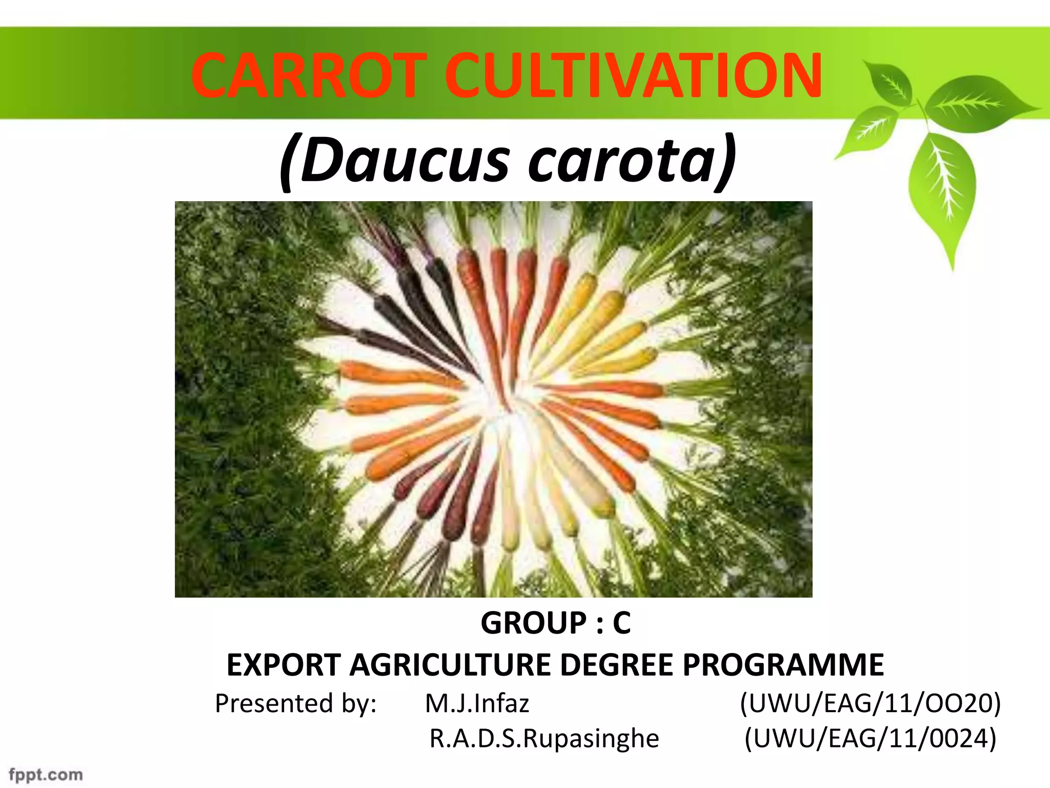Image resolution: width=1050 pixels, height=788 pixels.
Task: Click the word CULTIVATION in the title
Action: point(633,76)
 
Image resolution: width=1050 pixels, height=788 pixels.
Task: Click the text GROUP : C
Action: point(555,623)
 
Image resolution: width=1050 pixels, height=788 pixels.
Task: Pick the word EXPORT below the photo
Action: point(284,665)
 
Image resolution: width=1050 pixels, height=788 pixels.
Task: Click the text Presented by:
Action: point(296,703)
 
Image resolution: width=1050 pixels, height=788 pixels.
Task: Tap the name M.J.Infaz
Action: point(477,703)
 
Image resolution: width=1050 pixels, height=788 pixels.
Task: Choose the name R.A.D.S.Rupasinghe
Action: point(544,739)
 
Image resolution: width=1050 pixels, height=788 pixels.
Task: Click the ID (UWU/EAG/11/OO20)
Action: point(870,703)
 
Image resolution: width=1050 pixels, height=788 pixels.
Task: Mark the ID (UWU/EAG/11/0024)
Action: point(870,739)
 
